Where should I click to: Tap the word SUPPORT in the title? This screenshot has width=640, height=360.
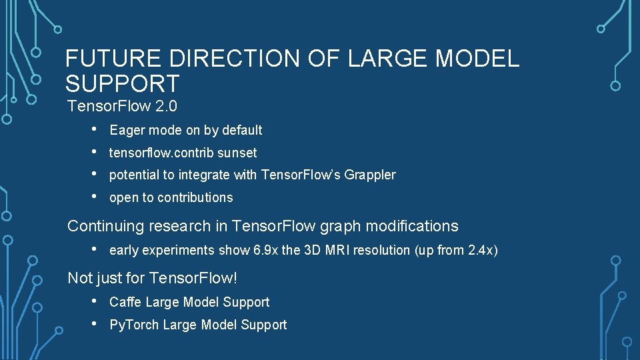[x=123, y=84]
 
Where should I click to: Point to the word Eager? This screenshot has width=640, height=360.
[x=126, y=130]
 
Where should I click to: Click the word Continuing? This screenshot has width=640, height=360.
[x=106, y=226]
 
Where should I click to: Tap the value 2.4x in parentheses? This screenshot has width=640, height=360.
[x=479, y=251]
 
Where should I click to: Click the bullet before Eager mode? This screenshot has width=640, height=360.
[x=96, y=129]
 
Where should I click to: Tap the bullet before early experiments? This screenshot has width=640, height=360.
[x=96, y=250]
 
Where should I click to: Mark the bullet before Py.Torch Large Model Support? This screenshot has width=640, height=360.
[x=96, y=324]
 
